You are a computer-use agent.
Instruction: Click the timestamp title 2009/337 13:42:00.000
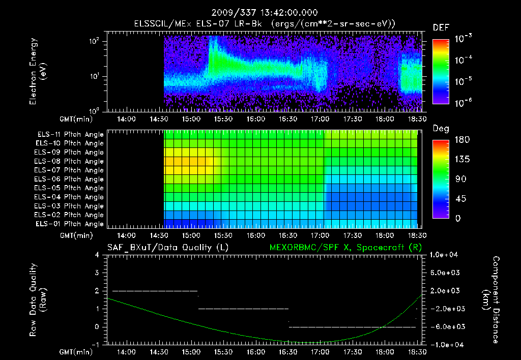[260, 12]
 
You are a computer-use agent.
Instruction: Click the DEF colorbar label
[441, 27]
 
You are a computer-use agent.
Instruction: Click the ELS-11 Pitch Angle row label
[70, 135]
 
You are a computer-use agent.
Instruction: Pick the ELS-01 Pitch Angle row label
[70, 224]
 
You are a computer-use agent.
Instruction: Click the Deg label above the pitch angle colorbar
[441, 129]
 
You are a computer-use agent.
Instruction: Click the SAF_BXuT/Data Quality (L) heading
[167, 247]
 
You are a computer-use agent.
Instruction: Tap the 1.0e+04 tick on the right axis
[445, 255]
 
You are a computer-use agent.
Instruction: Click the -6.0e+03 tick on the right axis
[445, 326]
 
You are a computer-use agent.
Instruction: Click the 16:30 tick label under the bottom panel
[288, 352]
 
